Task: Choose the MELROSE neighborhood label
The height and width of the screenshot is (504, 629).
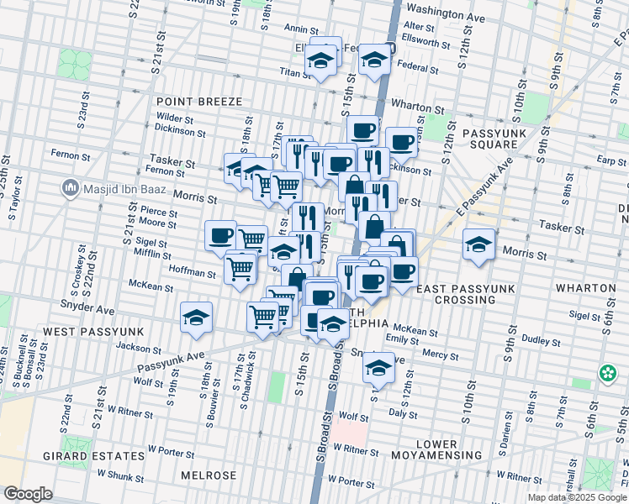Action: (x=209, y=475)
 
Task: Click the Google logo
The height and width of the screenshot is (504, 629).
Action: (x=28, y=494)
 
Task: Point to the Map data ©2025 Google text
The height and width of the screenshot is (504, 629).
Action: (x=576, y=497)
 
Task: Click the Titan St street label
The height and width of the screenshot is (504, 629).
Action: (x=296, y=74)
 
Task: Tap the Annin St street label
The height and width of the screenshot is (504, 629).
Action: (x=299, y=29)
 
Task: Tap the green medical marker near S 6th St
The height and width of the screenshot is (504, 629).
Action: (x=607, y=371)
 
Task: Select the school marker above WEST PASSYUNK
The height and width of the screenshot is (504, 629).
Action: (x=197, y=318)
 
